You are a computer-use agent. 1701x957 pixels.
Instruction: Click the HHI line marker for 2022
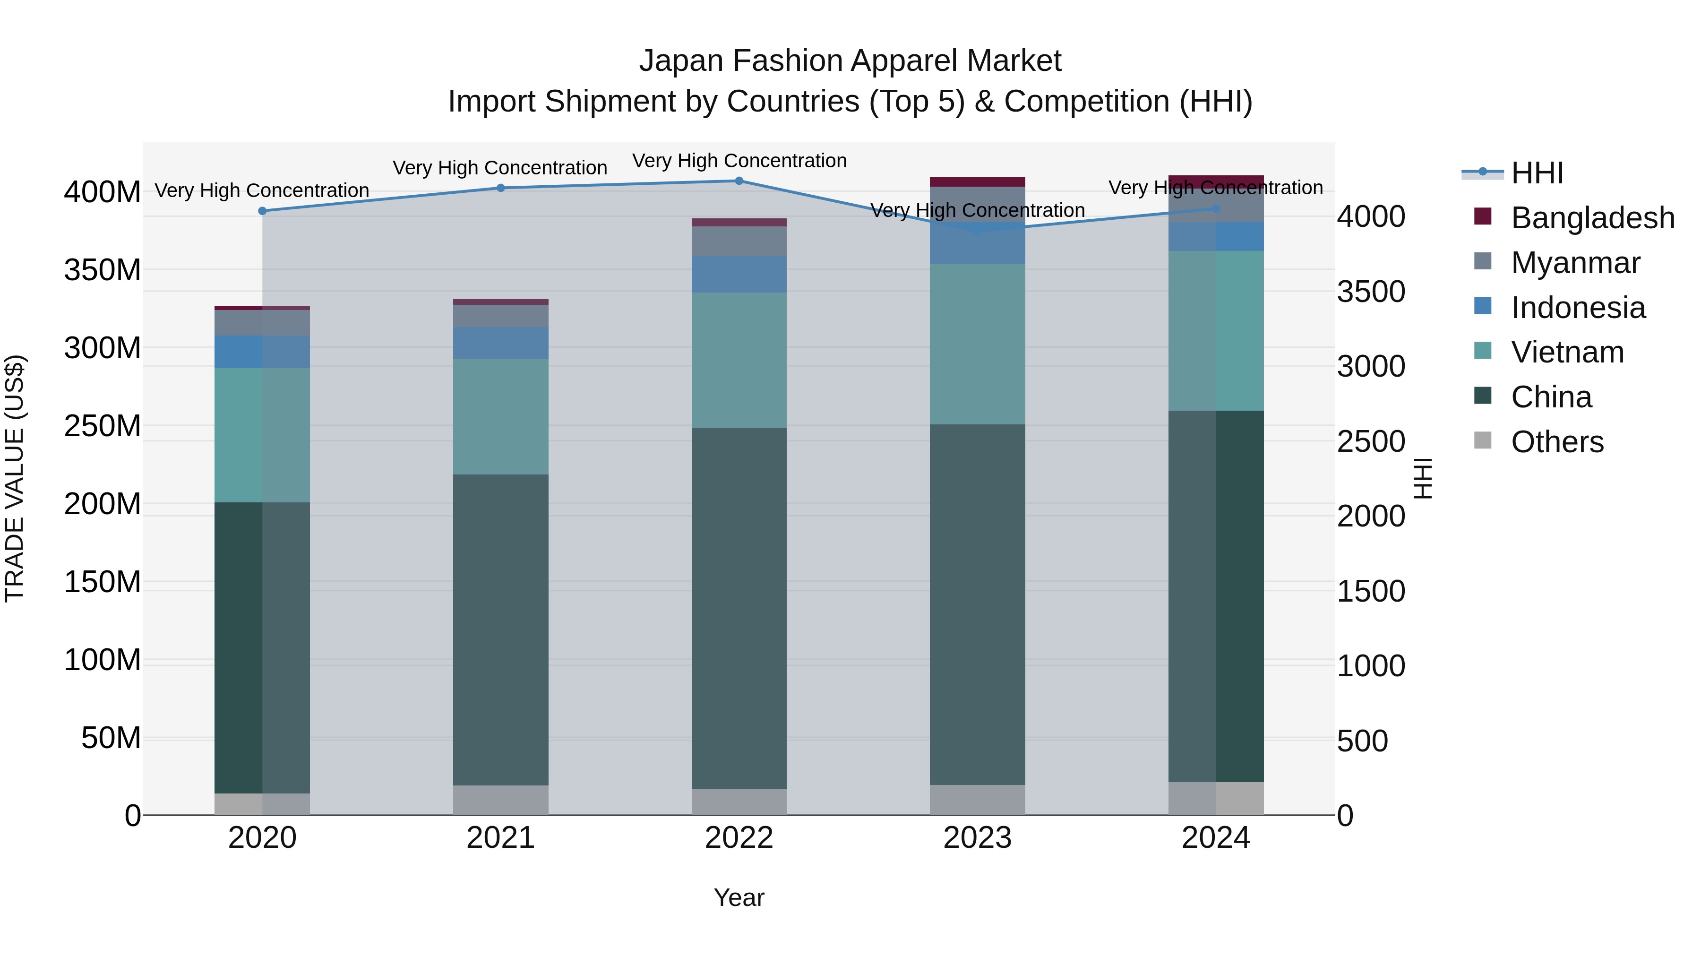tap(739, 181)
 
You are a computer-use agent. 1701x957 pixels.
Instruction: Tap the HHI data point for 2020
tap(262, 211)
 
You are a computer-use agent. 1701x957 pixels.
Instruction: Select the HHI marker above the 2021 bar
tap(500, 188)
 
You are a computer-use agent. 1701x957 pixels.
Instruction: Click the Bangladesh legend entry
tap(1592, 218)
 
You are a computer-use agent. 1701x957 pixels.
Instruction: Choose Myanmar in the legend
tap(1575, 263)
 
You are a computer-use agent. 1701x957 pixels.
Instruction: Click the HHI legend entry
tap(1537, 173)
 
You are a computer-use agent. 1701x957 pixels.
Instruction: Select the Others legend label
tap(1557, 442)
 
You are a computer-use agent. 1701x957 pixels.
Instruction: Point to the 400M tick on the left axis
tap(103, 192)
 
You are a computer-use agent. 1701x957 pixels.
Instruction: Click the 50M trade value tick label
tap(111, 738)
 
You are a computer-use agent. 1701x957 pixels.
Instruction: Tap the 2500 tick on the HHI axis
tap(1371, 441)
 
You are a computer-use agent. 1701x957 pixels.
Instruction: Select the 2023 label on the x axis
tap(977, 838)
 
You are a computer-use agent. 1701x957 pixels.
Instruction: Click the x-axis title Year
tap(739, 897)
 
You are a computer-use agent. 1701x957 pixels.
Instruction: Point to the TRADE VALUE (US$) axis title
tap(15, 478)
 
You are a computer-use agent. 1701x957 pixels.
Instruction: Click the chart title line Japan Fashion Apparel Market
tap(850, 61)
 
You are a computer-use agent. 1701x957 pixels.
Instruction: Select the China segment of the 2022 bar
tap(739, 608)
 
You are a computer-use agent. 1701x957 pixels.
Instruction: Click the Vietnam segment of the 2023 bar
tap(977, 344)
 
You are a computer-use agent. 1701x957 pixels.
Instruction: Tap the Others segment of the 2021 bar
tap(500, 800)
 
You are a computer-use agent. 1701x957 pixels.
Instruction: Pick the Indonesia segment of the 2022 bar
tap(739, 274)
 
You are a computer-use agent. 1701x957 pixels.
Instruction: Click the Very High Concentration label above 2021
tap(500, 168)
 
